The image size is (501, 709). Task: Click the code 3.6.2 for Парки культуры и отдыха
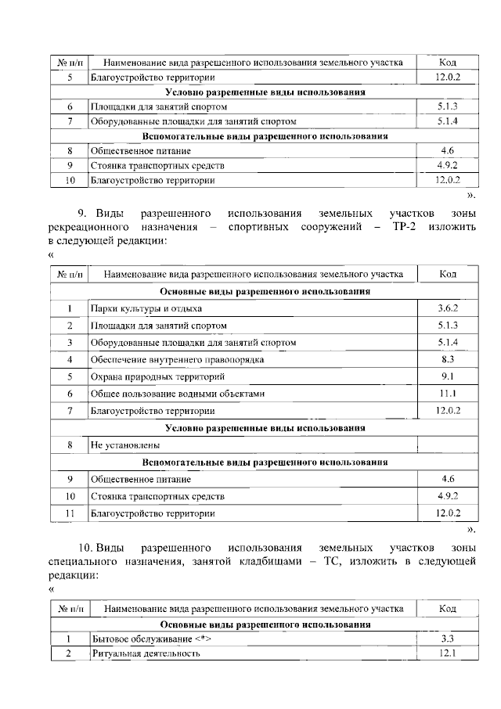448,308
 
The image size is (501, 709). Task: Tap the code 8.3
448,359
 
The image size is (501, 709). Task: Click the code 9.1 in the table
448,376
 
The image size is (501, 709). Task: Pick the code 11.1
448,394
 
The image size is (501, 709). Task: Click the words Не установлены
120,445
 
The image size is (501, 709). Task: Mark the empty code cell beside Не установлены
448,445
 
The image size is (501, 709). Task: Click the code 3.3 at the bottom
448,639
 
